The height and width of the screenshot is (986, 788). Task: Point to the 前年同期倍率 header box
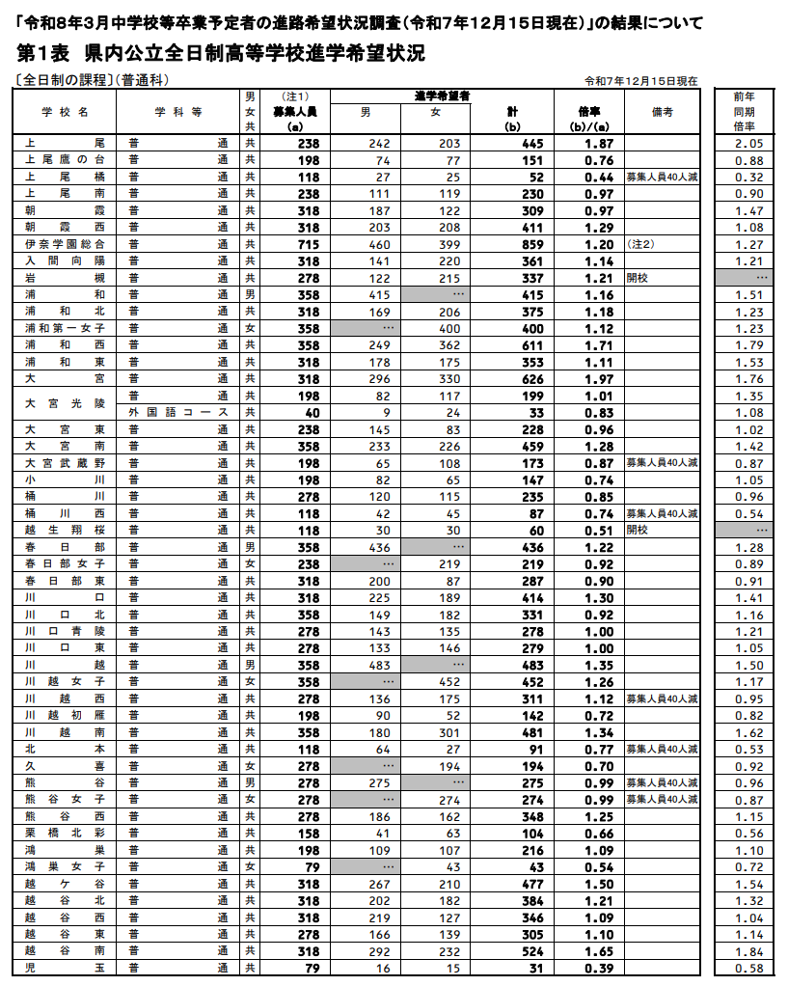click(743, 111)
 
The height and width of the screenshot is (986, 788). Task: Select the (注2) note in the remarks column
click(640, 244)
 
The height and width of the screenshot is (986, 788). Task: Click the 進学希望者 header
click(441, 96)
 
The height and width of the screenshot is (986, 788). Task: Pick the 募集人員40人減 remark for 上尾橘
click(662, 177)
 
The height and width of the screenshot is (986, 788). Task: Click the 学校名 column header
click(64, 111)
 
